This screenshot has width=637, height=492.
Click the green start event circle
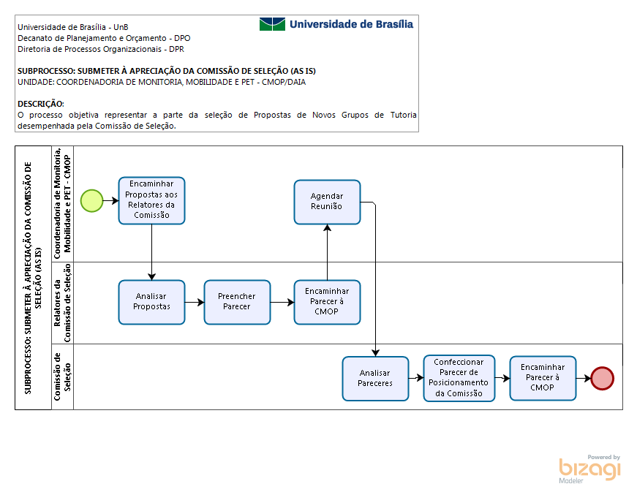click(92, 200)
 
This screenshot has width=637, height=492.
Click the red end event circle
click(602, 379)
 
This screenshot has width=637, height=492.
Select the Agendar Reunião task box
click(327, 203)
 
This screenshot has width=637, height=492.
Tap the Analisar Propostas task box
click(151, 302)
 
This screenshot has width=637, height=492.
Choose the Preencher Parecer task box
click(237, 302)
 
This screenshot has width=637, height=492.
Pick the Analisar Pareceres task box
click(375, 379)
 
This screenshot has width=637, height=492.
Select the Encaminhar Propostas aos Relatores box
click(151, 200)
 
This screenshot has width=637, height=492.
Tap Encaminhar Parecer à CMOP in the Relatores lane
click(327, 302)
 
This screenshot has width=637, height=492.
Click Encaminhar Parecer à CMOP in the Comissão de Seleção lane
click(543, 379)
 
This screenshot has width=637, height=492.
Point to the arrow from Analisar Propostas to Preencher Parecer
click(195, 302)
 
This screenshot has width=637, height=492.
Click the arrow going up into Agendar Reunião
click(327, 252)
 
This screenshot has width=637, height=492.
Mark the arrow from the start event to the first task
click(111, 200)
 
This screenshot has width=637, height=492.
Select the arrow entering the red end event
click(584, 379)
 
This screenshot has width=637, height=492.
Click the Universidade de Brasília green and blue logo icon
click(272, 24)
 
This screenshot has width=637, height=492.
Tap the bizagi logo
click(590, 469)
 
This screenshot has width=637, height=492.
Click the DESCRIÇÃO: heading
click(41, 104)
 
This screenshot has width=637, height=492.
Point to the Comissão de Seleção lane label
click(62, 376)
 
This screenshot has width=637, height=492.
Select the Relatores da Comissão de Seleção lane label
click(62, 303)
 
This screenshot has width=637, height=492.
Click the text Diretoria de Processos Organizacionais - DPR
click(101, 49)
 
